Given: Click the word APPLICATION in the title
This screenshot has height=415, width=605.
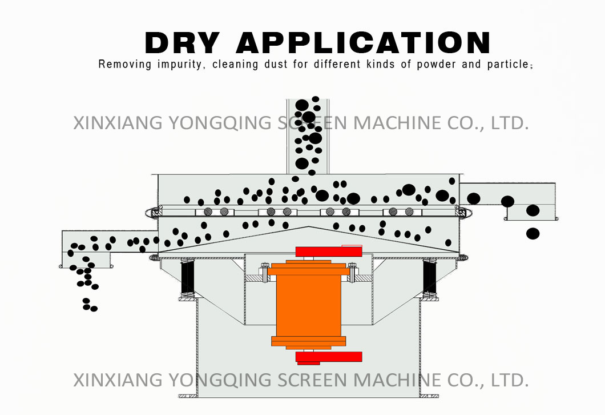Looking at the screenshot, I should [x=364, y=43].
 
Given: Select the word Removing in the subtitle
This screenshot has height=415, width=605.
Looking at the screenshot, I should [x=123, y=64].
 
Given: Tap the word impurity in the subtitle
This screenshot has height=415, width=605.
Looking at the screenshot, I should [x=179, y=64].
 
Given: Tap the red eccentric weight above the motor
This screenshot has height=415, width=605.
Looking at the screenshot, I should [x=329, y=252].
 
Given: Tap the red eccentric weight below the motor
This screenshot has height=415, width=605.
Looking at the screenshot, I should [x=329, y=357].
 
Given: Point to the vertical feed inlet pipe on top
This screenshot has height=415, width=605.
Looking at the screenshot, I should [x=308, y=137].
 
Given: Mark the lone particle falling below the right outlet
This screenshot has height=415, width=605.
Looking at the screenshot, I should [x=533, y=233].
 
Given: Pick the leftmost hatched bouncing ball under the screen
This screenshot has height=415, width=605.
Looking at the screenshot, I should [x=208, y=212].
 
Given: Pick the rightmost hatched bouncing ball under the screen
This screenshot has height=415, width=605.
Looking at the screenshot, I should [x=409, y=212].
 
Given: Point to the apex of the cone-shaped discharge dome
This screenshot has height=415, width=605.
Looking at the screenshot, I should [x=309, y=227].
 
